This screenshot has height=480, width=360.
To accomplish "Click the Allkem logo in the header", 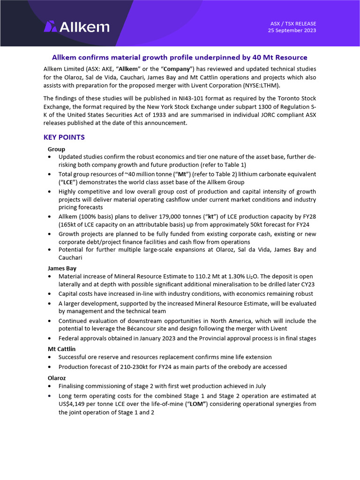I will click(x=76, y=27).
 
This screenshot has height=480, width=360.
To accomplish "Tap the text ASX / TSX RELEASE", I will click(x=293, y=23).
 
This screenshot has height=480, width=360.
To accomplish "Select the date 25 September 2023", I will click(x=292, y=30).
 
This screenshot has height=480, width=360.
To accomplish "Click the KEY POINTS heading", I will click(x=64, y=137).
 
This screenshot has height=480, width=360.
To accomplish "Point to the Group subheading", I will click(x=56, y=149).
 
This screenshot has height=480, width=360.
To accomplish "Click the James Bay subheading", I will click(x=62, y=269).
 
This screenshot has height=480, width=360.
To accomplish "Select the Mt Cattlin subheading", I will click(x=61, y=349).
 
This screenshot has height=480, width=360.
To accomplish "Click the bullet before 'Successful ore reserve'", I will click(x=50, y=358).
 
